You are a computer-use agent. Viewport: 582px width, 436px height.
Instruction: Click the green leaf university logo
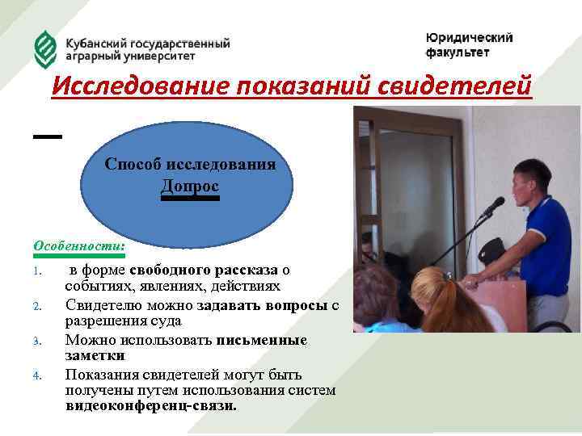coord(46,49)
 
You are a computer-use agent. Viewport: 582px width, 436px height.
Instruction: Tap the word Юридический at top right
coord(469,38)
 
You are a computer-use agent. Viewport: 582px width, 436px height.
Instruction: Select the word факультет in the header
coord(458,52)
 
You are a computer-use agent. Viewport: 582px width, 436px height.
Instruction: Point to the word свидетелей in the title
coord(456,84)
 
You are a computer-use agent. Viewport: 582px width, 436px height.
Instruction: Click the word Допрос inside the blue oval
coord(190,186)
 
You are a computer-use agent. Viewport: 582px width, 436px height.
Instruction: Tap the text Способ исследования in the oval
coord(190,164)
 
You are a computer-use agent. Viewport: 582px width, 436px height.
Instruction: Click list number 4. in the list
coord(38,375)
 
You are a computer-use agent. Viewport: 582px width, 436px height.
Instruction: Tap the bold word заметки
coord(95,355)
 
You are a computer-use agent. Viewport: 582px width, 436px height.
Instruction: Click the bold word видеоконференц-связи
coord(151,406)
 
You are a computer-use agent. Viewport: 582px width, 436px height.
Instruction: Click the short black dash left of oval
coord(48,137)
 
